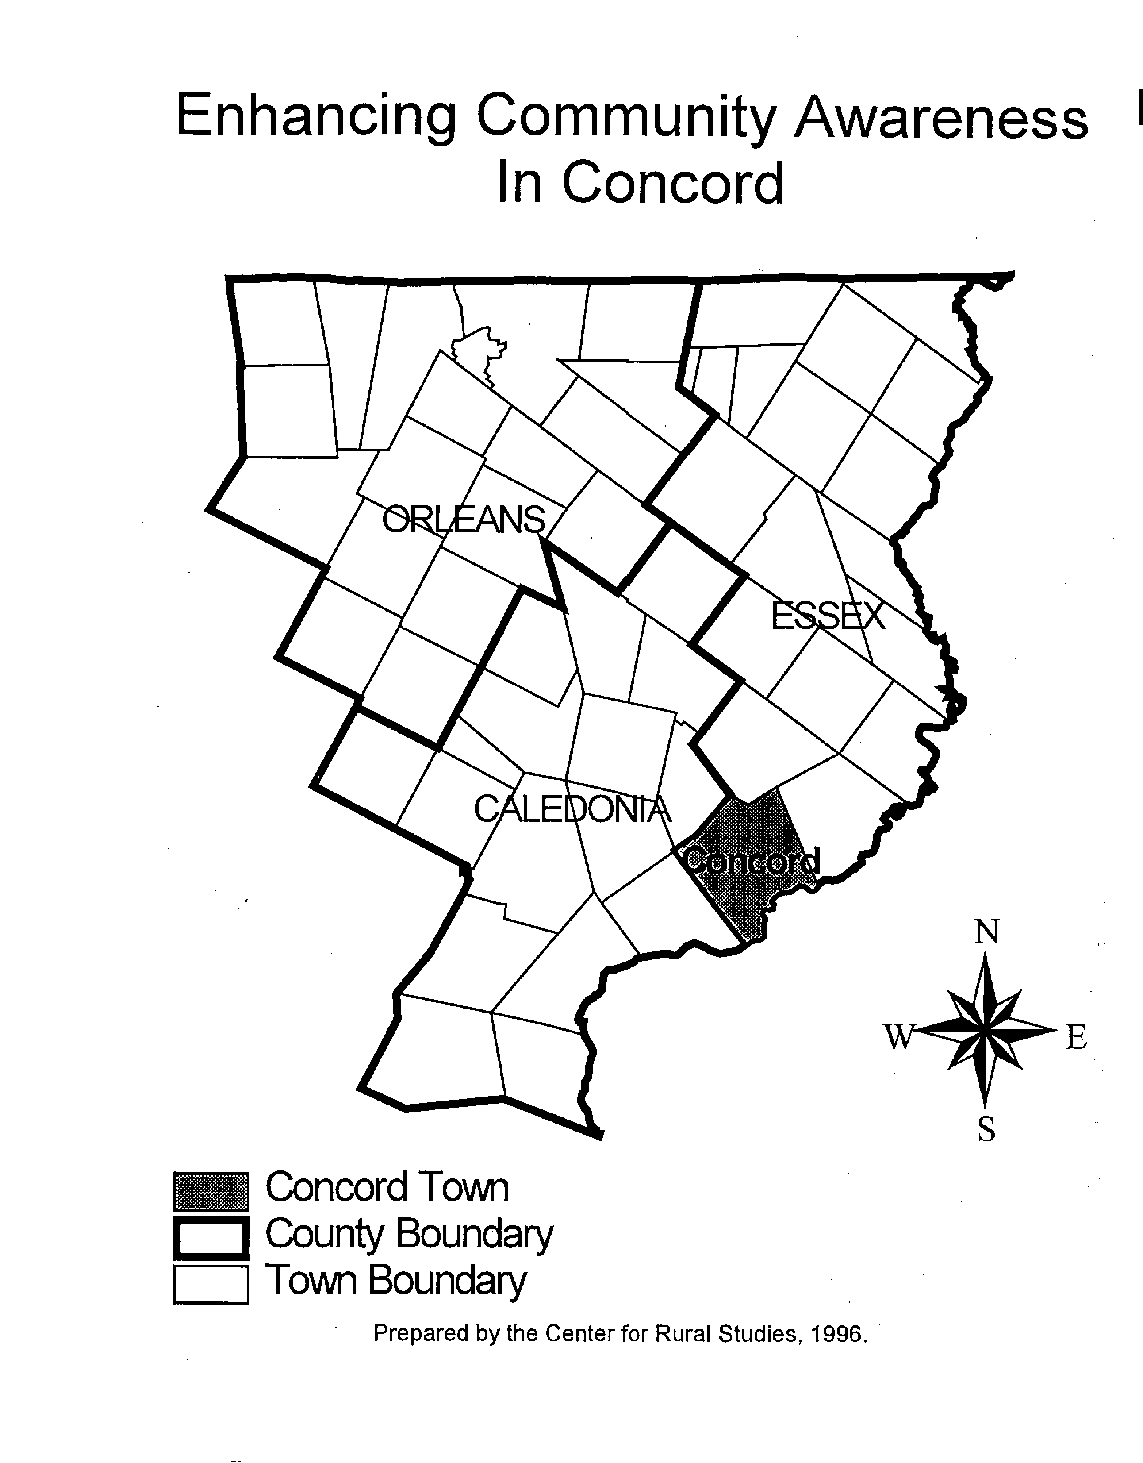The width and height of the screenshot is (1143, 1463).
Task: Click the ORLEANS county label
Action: [464, 520]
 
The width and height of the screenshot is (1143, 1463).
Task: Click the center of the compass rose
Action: [984, 1032]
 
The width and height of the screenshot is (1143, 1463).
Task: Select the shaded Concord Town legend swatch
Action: [211, 1190]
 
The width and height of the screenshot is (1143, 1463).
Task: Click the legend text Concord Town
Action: [387, 1188]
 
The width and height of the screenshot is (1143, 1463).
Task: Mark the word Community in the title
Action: [625, 119]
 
